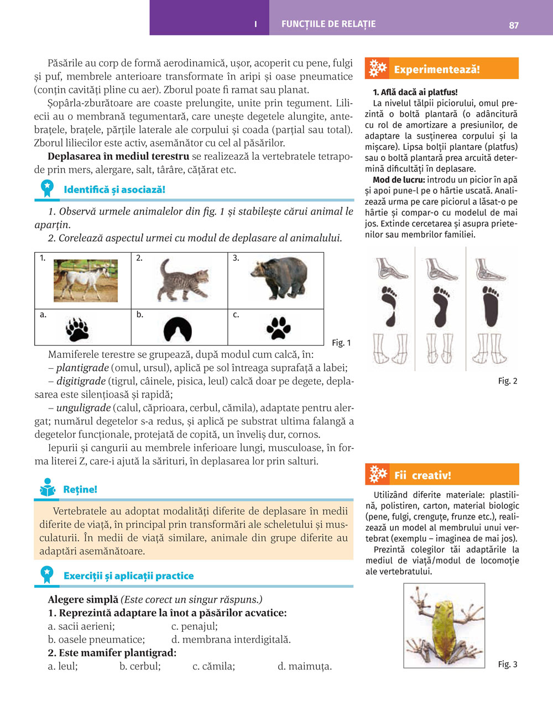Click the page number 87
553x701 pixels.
[x=514, y=25]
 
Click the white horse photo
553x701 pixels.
[x=86, y=280]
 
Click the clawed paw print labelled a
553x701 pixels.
[x=77, y=329]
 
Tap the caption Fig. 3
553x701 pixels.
[x=508, y=664]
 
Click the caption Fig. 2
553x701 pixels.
[x=508, y=381]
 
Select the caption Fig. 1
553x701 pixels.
[x=341, y=343]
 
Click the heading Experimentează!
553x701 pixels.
[x=437, y=70]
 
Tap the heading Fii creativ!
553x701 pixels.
[x=422, y=475]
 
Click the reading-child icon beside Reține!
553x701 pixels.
[x=48, y=488]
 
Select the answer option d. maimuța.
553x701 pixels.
[x=305, y=666]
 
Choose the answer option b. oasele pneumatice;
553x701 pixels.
[x=96, y=640]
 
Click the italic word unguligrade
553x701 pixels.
[x=84, y=408]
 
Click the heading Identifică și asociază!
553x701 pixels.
[x=114, y=190]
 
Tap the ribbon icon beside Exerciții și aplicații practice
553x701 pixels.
[x=48, y=574]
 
